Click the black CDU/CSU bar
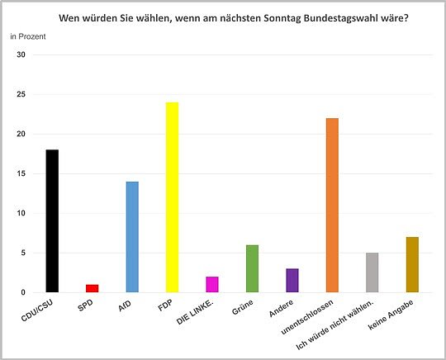click(x=52, y=221)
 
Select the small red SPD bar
click(x=93, y=288)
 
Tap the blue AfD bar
click(x=132, y=237)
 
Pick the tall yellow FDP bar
click(x=173, y=197)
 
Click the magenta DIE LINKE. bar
click(x=212, y=284)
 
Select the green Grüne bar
click(x=252, y=268)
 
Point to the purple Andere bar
click(x=292, y=280)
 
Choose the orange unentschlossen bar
click(x=332, y=205)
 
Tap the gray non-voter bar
click(x=372, y=272)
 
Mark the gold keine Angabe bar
click(x=412, y=264)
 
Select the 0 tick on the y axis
click(x=24, y=292)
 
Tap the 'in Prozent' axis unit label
click(x=28, y=37)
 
